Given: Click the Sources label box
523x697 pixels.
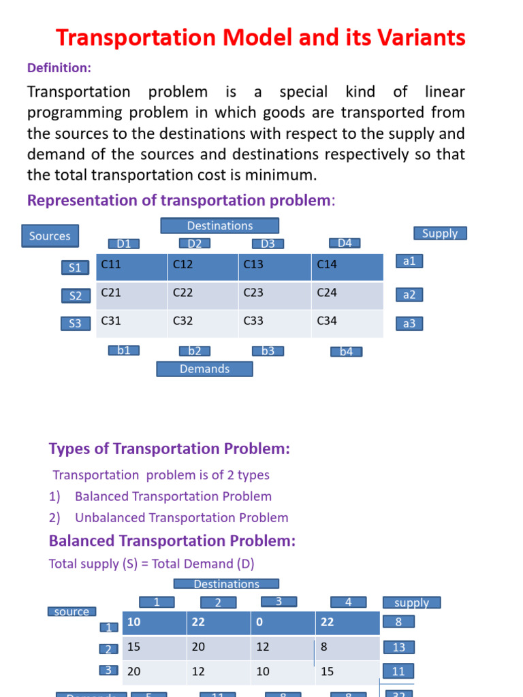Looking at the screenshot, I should tap(50, 236).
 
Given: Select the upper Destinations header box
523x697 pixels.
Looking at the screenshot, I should tap(219, 225).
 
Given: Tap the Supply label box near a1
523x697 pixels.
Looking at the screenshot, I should tap(439, 233).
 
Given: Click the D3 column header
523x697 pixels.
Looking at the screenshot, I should tap(268, 244).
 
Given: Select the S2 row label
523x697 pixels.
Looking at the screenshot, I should tap(75, 295).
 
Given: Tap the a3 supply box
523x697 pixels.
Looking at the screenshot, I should tap(409, 323).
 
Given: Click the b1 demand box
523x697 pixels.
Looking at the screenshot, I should tap(124, 351).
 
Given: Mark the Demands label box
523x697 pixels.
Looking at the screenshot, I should tap(204, 369).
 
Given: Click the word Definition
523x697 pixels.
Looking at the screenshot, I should tap(59, 67).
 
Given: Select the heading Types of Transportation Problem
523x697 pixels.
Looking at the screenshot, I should tap(170, 449).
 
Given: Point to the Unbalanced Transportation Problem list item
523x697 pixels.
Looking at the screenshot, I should tap(181, 517).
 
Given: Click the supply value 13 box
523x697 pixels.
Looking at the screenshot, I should tap(398, 647).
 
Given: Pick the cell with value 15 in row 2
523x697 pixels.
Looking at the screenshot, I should tap(154, 647).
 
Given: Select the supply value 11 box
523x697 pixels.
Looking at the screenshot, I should tap(398, 672).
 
